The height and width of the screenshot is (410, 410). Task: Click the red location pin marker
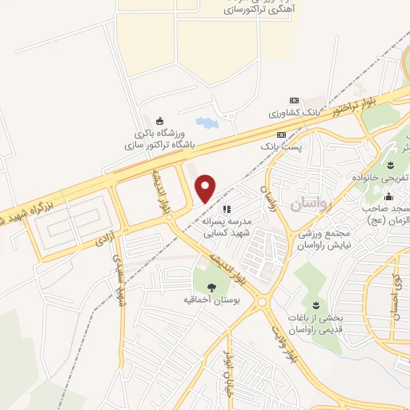[206, 187]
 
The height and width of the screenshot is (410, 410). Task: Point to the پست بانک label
[281, 147]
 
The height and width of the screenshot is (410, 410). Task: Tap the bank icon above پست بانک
[281, 135]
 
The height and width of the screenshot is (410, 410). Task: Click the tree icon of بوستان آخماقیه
[211, 287]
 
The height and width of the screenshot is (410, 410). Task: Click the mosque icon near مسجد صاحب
[388, 197]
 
